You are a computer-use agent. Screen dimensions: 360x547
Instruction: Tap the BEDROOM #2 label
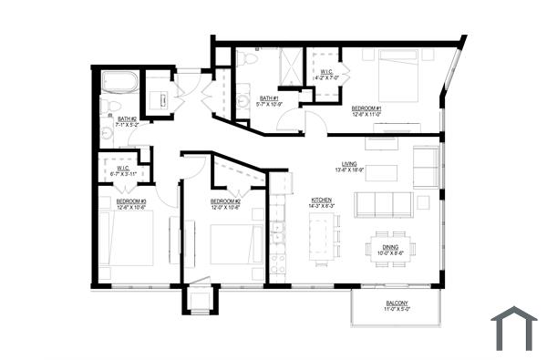click(x=225, y=201)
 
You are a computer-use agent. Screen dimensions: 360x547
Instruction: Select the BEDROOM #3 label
click(x=131, y=201)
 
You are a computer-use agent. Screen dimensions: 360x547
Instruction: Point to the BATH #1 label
click(x=268, y=99)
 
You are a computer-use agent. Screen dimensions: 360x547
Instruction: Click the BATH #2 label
click(x=127, y=118)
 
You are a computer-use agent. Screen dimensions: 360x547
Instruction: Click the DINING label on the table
click(x=390, y=247)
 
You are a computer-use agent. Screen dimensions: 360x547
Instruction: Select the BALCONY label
click(x=396, y=305)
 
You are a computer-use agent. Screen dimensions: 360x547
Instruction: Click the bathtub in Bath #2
click(x=119, y=82)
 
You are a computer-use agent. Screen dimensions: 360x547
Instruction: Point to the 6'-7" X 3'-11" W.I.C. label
click(x=122, y=170)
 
